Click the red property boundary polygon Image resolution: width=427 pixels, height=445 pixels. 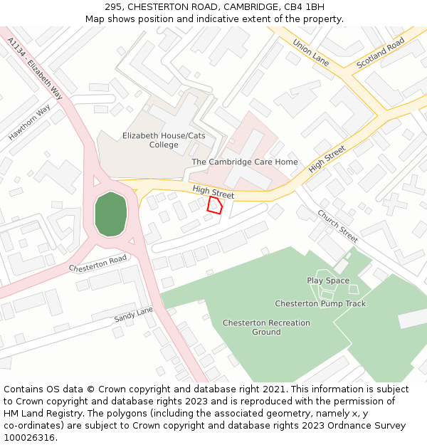click(x=214, y=205)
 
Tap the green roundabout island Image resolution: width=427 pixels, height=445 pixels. click(x=110, y=214)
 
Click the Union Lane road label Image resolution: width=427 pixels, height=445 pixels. click(x=311, y=52)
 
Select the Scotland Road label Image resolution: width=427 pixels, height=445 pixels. click(x=380, y=53)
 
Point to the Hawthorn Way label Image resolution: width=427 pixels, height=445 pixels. click(x=29, y=122)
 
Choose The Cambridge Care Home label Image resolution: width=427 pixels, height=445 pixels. click(x=245, y=162)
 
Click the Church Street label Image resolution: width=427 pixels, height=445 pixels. click(x=337, y=226)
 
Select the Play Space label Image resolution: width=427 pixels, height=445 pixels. click(x=328, y=281)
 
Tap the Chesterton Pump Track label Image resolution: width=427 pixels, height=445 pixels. click(x=320, y=303)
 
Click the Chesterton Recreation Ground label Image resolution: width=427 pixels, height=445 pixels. click(x=266, y=327)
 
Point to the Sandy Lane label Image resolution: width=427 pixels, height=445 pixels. click(x=133, y=315)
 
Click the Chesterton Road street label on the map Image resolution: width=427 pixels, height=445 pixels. click(x=97, y=263)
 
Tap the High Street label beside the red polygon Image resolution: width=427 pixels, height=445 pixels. click(x=213, y=191)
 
